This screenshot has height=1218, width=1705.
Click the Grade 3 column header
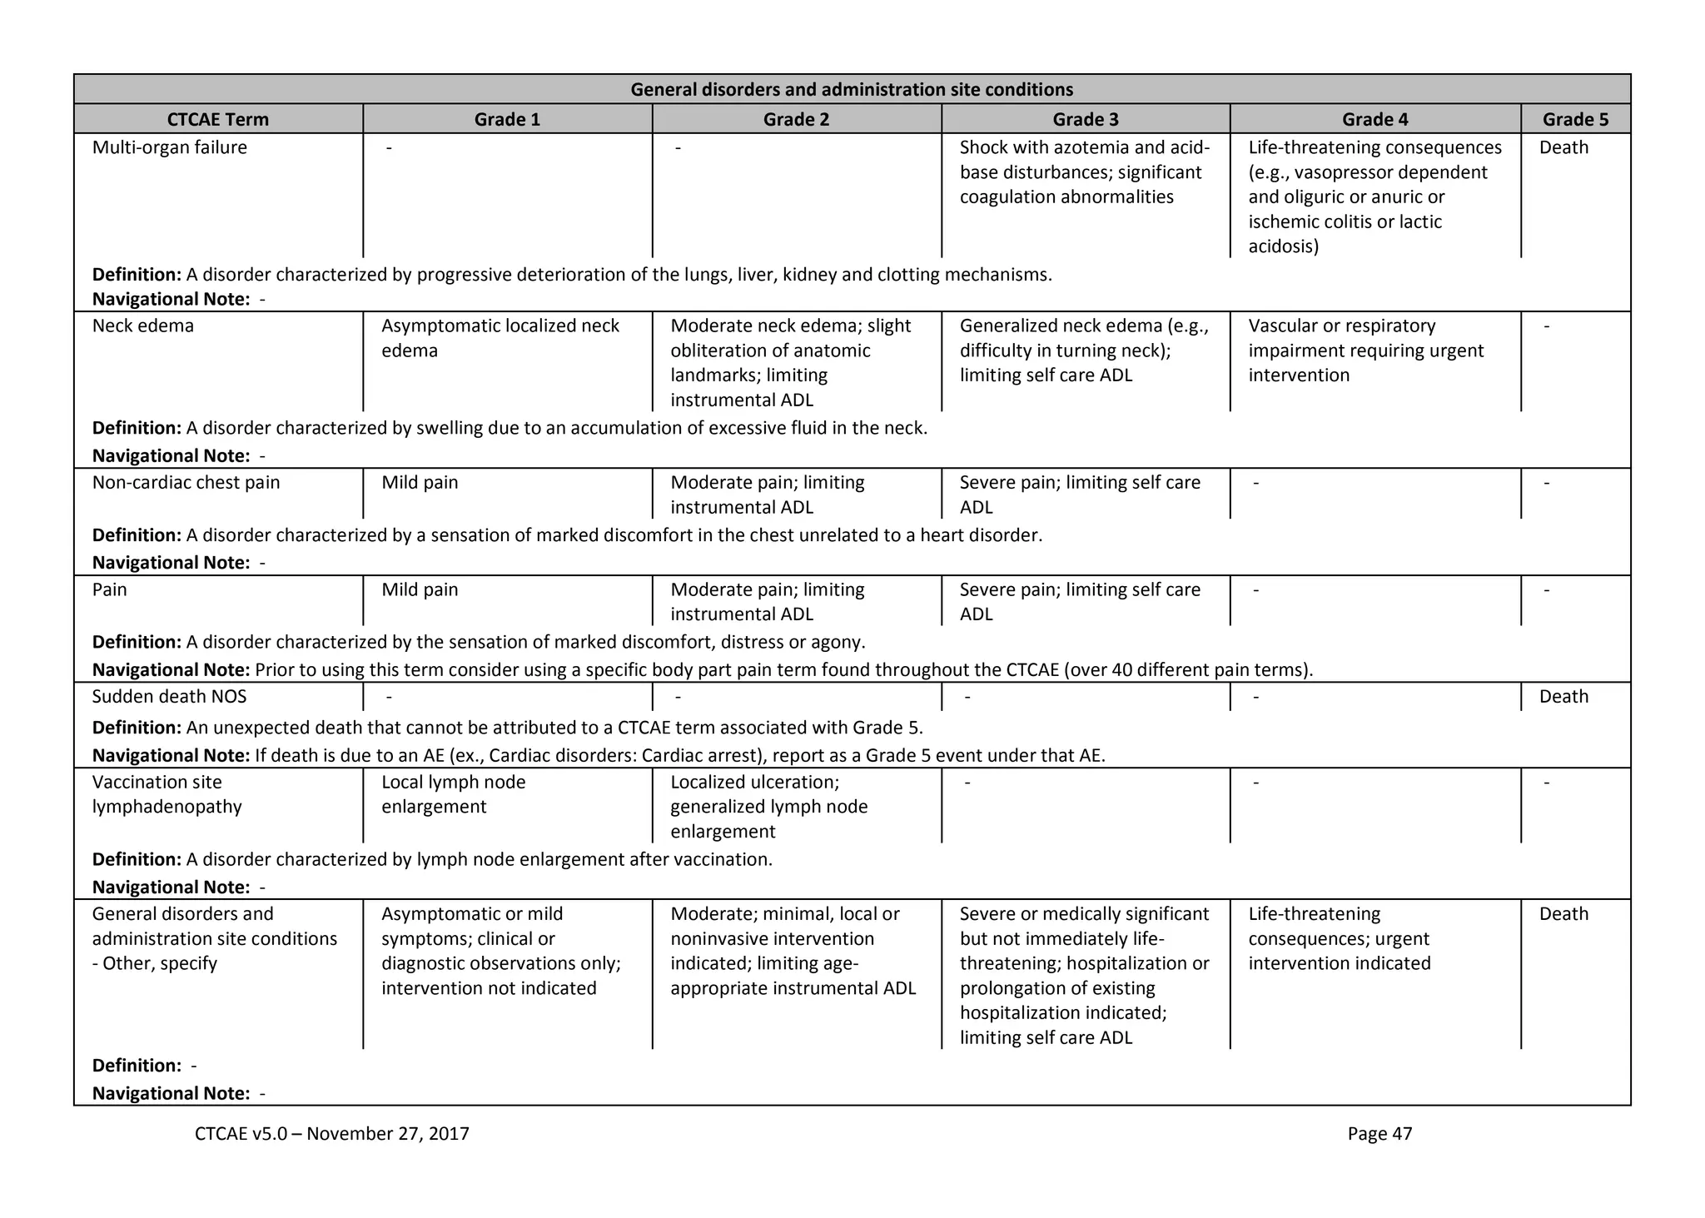click(x=1086, y=119)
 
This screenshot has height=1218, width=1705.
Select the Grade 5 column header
click(x=1575, y=119)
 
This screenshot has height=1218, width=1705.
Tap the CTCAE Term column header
click(x=218, y=119)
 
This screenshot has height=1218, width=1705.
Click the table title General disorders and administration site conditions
click(x=852, y=89)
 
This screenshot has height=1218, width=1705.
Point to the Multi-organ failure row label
click(x=170, y=147)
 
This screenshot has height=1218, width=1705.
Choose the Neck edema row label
click(x=143, y=326)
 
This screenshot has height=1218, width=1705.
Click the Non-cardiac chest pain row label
click(x=186, y=482)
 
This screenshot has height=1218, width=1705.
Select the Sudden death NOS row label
click(x=170, y=696)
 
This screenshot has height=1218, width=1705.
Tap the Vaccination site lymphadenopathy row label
click(x=167, y=794)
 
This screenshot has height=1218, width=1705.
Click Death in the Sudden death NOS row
click(x=1563, y=696)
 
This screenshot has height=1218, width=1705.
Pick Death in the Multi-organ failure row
click(x=1563, y=147)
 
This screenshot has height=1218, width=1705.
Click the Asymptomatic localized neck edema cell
click(x=500, y=338)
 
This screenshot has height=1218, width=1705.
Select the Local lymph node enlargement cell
click(x=454, y=794)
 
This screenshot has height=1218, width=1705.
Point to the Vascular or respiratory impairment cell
click(x=1365, y=350)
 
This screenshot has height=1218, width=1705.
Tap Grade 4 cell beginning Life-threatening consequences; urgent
click(x=1340, y=938)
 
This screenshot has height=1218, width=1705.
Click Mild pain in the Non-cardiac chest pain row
click(x=420, y=482)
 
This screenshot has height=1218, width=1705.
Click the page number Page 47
click(x=1379, y=1133)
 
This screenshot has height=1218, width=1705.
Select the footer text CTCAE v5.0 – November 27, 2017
click(x=332, y=1133)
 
